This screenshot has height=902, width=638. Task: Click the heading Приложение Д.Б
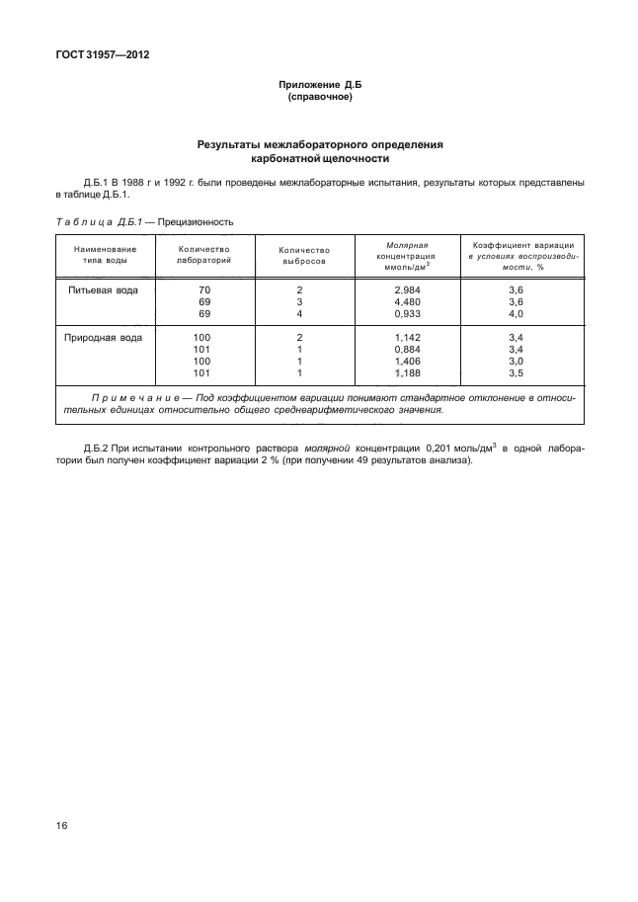(319, 86)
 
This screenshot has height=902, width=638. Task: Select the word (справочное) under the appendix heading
(319, 99)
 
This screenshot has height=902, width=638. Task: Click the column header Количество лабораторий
(203, 254)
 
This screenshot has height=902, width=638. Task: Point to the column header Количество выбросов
(304, 255)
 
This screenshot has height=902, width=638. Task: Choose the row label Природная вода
(104, 338)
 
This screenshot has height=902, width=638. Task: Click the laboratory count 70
(204, 290)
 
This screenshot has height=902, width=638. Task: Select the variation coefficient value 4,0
(515, 314)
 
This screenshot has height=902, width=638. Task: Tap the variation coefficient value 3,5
(515, 373)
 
